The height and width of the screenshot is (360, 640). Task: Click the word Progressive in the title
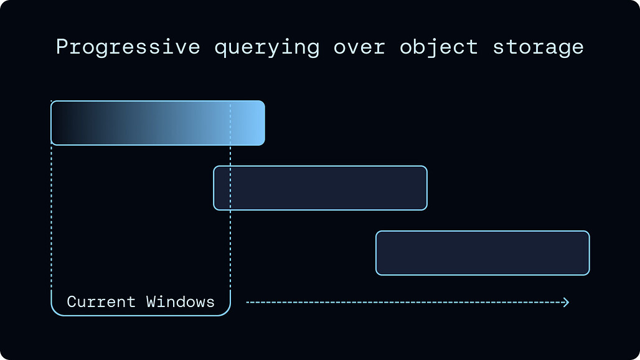click(128, 47)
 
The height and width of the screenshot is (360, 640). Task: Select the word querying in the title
click(267, 48)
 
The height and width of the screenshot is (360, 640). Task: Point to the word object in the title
click(439, 47)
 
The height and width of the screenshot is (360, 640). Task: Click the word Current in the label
click(101, 302)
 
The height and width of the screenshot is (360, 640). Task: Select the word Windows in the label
click(181, 302)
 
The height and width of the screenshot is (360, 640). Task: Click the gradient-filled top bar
click(158, 123)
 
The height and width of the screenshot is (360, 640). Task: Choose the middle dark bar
click(321, 188)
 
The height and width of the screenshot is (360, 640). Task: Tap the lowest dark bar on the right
click(483, 253)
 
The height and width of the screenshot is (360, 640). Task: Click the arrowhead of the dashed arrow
click(566, 303)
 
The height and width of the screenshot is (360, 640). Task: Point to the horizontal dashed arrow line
click(408, 303)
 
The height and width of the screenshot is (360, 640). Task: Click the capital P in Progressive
click(61, 47)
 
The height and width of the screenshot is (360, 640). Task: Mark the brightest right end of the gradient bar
click(259, 123)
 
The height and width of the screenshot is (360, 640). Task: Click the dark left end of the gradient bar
click(57, 123)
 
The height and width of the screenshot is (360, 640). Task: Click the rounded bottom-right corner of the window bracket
click(227, 311)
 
